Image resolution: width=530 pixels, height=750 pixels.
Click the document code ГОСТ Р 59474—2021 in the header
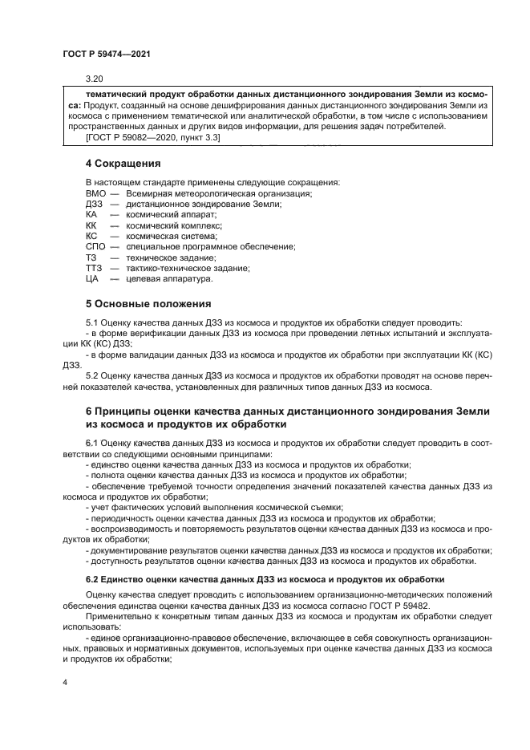[106, 53]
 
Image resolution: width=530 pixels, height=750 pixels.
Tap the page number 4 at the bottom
[65, 682]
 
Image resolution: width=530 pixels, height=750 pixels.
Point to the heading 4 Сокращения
[117, 164]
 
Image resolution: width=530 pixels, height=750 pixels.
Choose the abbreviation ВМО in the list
[95, 194]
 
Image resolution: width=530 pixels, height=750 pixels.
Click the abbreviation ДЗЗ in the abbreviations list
[94, 205]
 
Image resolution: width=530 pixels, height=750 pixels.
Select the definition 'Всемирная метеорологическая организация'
[218, 194]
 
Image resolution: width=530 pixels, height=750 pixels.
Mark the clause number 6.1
[92, 443]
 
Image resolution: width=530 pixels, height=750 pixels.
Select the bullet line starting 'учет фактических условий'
[216, 506]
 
